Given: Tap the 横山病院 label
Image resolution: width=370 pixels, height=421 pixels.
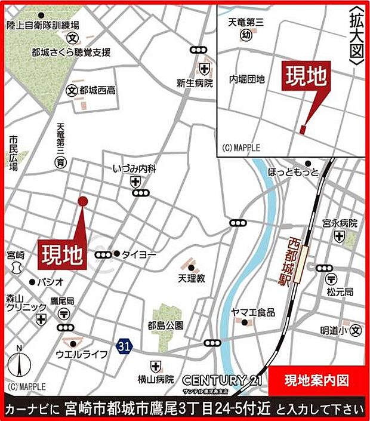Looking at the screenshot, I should tap(156, 379).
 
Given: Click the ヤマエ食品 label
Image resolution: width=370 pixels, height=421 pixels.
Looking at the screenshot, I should tap(254, 312).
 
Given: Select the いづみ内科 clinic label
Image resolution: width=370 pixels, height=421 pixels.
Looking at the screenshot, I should tap(134, 170).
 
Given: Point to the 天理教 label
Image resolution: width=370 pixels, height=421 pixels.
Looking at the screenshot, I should tap(191, 278).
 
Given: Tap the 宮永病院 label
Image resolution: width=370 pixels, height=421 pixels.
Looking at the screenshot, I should tap(340, 223).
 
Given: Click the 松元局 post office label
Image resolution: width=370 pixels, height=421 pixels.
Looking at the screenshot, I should tap(340, 292).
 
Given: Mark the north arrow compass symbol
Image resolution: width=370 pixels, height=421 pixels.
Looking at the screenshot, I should tap(19, 361).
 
